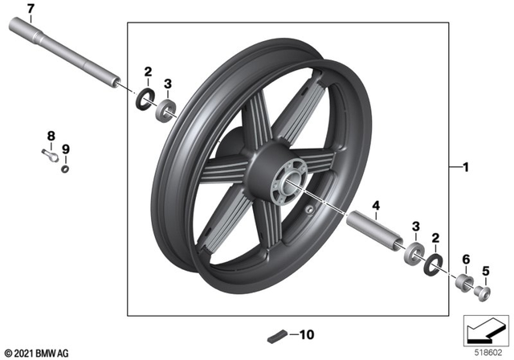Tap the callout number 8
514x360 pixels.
click(x=51, y=135)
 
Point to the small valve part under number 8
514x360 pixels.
click(x=49, y=157)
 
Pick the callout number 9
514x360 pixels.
click(x=66, y=149)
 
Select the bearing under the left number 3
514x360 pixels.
click(x=168, y=108)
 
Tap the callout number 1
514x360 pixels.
click(x=463, y=166)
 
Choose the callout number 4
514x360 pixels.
click(x=375, y=207)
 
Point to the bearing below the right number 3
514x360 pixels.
click(x=415, y=251)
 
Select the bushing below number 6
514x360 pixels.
click(x=463, y=283)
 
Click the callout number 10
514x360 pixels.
click(x=308, y=333)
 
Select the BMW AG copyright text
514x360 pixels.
click(x=38, y=352)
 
